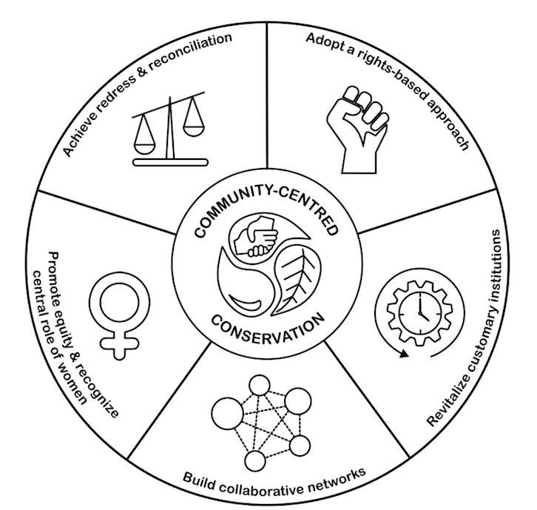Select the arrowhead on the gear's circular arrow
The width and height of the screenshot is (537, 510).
(402, 355)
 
